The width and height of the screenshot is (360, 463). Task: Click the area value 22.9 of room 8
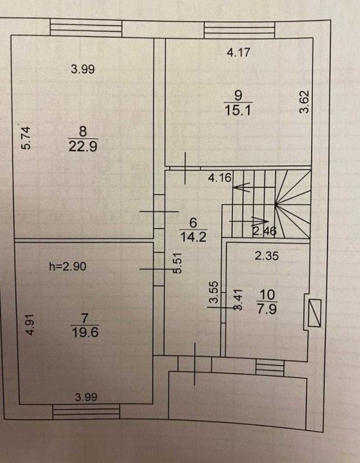[83, 146]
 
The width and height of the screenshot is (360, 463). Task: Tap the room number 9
[238, 95]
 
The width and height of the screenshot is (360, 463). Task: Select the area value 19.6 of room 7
[85, 332]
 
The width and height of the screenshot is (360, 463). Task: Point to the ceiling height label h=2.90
[68, 266]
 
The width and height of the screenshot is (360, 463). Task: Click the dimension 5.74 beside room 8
[26, 138]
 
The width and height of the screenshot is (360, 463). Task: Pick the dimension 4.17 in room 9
[238, 53]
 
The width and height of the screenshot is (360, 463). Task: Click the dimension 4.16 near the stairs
[220, 178]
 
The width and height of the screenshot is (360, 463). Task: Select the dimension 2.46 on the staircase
[264, 231]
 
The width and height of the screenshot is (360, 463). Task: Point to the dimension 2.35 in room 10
[267, 256]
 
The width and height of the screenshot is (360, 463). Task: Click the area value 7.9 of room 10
[267, 310]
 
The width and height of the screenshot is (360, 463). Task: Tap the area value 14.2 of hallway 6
[193, 237]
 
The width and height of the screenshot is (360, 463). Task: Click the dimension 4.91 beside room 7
[30, 325]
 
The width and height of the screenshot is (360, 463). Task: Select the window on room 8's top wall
[86, 28]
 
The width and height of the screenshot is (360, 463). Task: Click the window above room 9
[240, 30]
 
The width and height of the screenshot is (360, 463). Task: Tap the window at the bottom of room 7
[86, 412]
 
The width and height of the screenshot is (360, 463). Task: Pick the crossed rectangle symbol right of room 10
[314, 313]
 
